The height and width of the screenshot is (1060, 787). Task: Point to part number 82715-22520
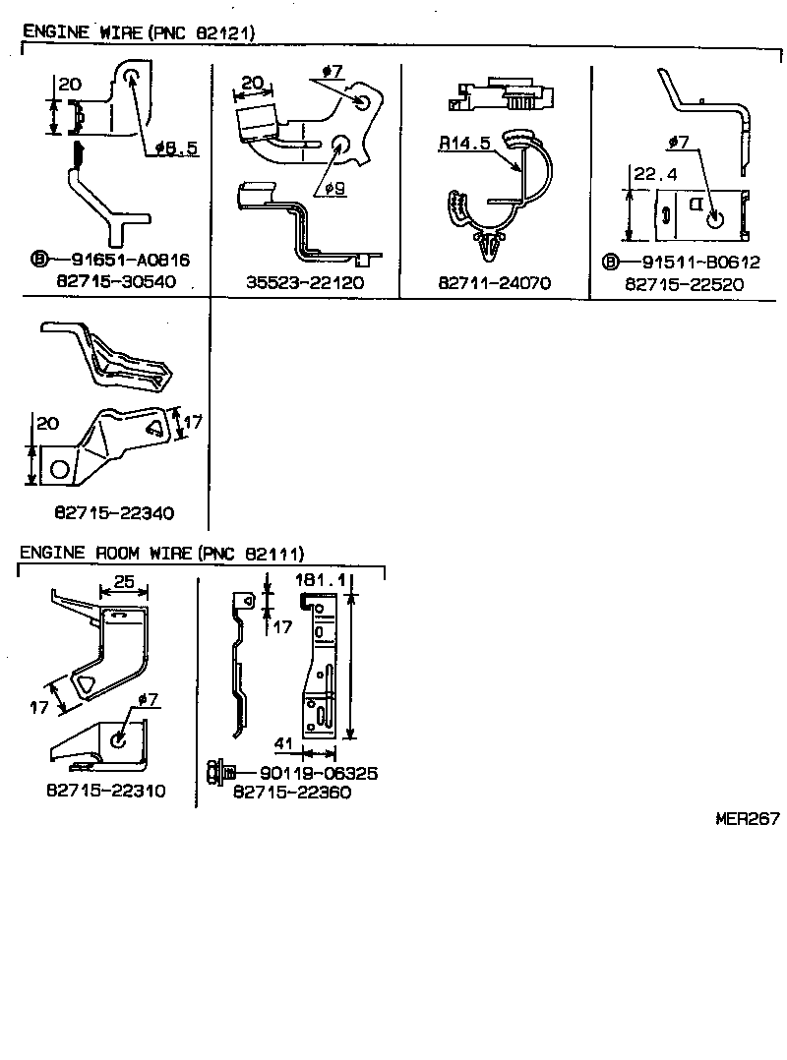(x=685, y=283)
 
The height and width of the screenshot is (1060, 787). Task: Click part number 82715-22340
(x=114, y=512)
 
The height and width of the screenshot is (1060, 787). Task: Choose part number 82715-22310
(x=105, y=791)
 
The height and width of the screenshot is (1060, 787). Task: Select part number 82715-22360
(x=291, y=792)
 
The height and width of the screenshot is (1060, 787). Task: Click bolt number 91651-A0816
(x=130, y=261)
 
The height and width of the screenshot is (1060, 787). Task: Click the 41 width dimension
(x=283, y=745)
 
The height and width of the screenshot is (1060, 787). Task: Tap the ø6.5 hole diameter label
(x=177, y=148)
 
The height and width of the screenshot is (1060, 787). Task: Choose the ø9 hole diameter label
(x=334, y=188)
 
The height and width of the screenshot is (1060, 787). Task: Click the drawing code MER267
(x=748, y=817)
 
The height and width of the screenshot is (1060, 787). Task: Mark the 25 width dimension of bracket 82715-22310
(x=123, y=582)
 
